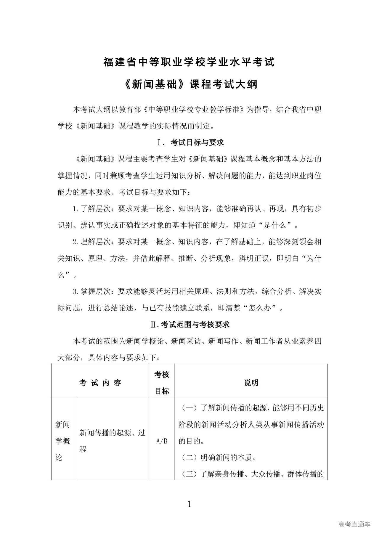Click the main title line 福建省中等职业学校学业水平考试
(189, 62)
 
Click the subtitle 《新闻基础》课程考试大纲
(189, 85)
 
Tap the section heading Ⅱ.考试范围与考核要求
(190, 325)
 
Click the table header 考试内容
(100, 383)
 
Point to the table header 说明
(251, 383)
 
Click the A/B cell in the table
(162, 441)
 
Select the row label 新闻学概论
(63, 441)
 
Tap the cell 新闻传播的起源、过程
(112, 441)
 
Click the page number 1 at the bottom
(189, 504)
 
